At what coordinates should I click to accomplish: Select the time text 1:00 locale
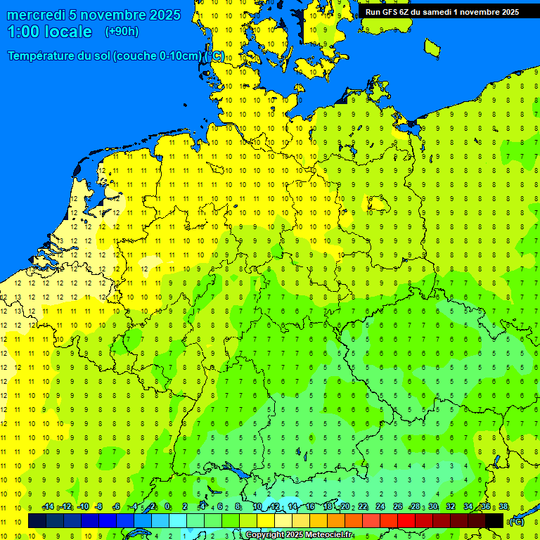(x=49, y=32)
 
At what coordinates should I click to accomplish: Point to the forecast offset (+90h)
(x=122, y=32)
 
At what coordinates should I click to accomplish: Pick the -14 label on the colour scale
(x=48, y=507)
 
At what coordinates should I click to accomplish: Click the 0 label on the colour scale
(x=167, y=507)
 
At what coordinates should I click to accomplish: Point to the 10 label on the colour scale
(x=257, y=507)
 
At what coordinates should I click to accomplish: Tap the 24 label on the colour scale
(x=380, y=507)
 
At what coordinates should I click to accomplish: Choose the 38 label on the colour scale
(x=503, y=507)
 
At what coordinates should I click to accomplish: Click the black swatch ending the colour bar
(x=494, y=520)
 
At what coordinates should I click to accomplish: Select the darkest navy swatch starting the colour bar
(x=37, y=520)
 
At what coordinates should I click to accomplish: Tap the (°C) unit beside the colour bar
(x=516, y=521)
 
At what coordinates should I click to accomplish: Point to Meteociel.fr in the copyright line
(x=328, y=535)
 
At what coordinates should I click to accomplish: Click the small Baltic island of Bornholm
(x=432, y=48)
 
